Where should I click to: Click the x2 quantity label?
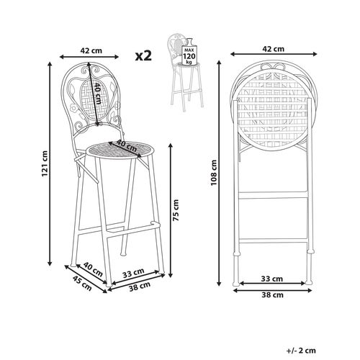tap(144, 55)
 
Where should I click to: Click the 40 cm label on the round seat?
tap(127, 145)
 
